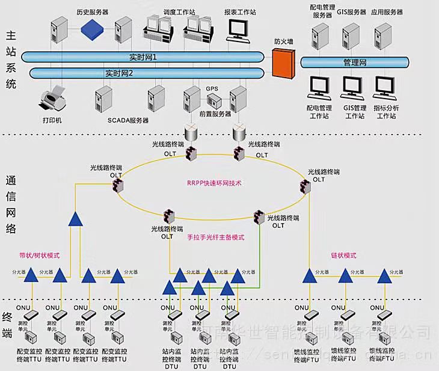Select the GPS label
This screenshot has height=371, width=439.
point(212,88)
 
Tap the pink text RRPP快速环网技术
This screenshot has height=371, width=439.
point(215,183)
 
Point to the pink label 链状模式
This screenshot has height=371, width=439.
point(344,256)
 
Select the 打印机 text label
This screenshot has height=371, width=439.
point(52,120)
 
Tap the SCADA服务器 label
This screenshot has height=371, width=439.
point(128,120)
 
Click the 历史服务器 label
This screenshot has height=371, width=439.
point(92,11)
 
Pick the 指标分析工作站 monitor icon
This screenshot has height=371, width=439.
point(385,87)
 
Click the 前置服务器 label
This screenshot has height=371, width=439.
point(215,113)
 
